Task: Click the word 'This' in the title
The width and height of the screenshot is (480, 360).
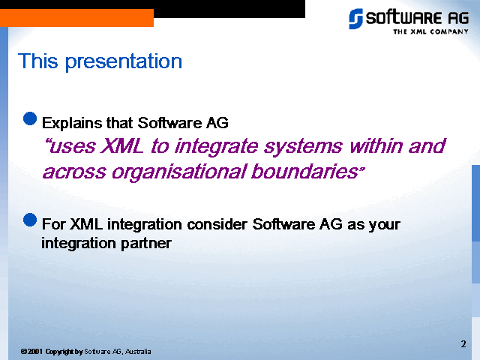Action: [38, 61]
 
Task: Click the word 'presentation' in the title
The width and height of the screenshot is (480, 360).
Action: [124, 62]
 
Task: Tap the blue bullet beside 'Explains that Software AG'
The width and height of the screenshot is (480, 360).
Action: [30, 118]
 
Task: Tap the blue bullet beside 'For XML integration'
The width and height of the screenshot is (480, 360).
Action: [30, 220]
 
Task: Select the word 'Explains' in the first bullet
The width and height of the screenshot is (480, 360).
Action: [72, 123]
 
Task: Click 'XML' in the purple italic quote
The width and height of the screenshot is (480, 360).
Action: [121, 145]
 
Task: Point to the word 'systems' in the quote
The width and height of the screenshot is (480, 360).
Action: [303, 147]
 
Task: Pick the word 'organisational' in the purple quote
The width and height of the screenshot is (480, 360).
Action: [178, 172]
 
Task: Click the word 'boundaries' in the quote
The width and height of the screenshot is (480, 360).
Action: [304, 171]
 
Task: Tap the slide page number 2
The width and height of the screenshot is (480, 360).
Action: [463, 344]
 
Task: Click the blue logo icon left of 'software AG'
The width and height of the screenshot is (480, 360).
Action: [355, 19]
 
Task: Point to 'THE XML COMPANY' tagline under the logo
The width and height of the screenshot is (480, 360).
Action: [430, 31]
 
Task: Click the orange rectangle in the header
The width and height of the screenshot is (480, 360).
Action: [76, 18]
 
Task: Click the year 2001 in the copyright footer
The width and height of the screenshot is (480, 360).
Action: [35, 352]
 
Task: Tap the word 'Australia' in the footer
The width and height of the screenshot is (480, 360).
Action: [138, 352]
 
